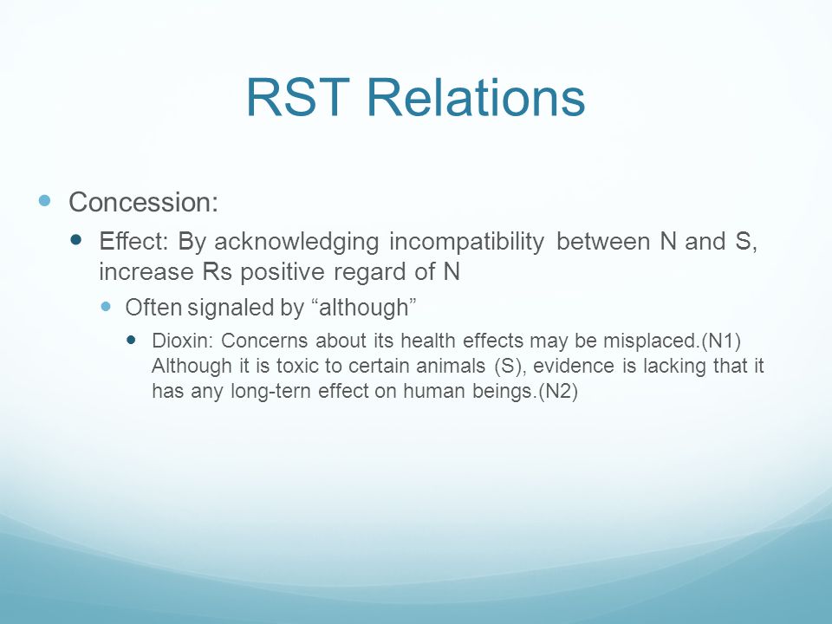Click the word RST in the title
tap(297, 97)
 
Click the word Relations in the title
tap(476, 97)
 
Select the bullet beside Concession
tap(44, 200)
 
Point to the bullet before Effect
tap(76, 240)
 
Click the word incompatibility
tap(466, 242)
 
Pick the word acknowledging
tap(296, 242)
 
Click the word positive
tap(283, 272)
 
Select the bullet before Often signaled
tap(106, 306)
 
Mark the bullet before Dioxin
tap(132, 339)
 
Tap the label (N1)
tap(721, 341)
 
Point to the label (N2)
tap(557, 392)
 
